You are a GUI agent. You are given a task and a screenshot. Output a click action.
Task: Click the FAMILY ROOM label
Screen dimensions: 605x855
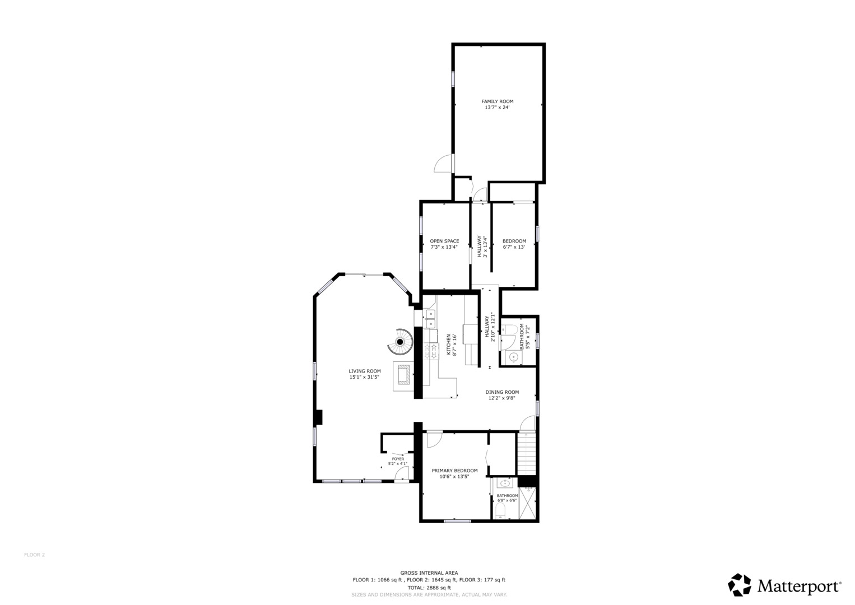click(x=497, y=101)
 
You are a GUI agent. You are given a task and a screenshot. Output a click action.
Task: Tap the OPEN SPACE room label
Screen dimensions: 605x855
click(x=444, y=241)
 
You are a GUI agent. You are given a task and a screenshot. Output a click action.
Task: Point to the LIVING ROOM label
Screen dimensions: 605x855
click(x=364, y=371)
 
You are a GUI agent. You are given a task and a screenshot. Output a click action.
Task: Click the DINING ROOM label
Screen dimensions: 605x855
click(x=502, y=392)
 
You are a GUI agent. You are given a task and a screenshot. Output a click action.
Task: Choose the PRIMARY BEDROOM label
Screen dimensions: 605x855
click(x=454, y=471)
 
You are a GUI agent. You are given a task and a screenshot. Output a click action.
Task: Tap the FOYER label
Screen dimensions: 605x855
click(x=398, y=459)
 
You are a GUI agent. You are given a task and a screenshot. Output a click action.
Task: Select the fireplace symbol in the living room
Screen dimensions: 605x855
click(x=403, y=376)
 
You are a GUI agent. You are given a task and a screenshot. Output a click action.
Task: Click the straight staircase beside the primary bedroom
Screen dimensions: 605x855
click(x=527, y=454)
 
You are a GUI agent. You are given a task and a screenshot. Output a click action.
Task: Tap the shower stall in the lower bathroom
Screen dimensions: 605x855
click(x=528, y=503)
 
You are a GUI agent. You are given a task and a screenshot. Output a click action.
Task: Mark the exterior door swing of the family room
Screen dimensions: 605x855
click(x=444, y=164)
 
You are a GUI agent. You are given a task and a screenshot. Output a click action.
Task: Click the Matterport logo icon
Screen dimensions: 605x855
click(x=739, y=585)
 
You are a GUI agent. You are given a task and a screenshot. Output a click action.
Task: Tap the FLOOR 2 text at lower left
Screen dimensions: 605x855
click(x=34, y=555)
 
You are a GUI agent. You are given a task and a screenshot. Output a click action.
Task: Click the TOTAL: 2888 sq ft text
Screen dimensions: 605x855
click(x=429, y=588)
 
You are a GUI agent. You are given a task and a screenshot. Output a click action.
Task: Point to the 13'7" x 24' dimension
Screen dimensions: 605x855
click(x=497, y=108)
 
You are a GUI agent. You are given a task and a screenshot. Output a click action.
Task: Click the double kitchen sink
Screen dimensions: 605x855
click(x=430, y=319)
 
